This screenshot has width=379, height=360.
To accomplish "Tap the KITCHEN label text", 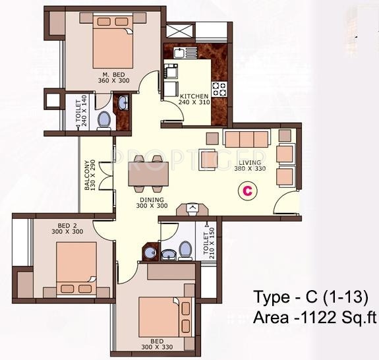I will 194,96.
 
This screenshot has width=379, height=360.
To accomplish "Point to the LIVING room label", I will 250,162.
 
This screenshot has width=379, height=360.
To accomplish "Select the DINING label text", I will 152,198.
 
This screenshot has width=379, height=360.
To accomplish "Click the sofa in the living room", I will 247,138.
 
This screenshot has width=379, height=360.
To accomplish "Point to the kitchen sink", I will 176,51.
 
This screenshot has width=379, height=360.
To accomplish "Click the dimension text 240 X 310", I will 194,103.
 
